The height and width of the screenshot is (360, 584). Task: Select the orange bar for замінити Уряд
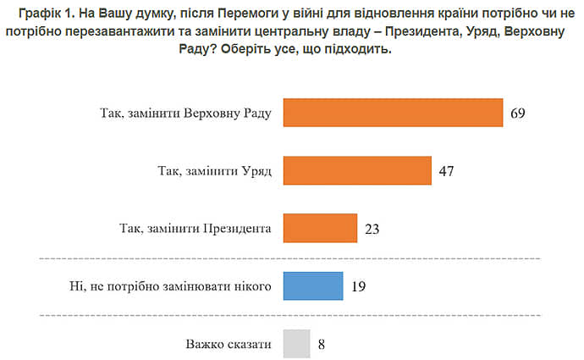coord(357,170)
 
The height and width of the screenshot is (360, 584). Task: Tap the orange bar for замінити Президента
coord(319,228)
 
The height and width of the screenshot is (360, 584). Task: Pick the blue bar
coord(313,285)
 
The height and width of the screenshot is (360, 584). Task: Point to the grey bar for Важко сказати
coord(296,344)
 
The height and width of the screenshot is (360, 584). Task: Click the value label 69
coord(518,113)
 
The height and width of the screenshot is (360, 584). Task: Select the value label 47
coord(447,171)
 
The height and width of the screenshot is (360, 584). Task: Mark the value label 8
coord(322,345)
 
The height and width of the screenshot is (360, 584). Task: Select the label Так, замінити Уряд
coord(214,170)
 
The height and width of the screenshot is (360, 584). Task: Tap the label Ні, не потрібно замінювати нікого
coord(173,286)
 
